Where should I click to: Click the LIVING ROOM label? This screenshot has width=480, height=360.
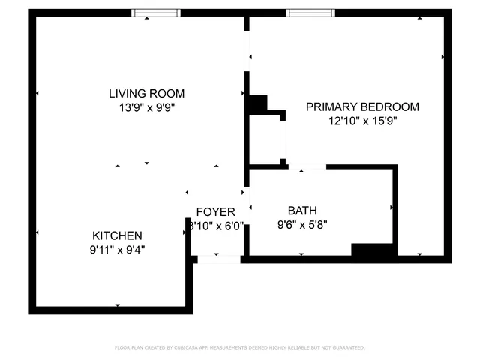(146, 94)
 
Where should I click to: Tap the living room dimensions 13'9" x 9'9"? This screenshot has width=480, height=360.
(146, 107)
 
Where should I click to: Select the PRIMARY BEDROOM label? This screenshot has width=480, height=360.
(362, 107)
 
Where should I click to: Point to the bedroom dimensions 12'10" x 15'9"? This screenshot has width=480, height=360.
(362, 121)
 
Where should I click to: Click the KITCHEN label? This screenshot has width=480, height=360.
(117, 235)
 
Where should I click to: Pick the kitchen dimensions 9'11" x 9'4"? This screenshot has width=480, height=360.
(117, 248)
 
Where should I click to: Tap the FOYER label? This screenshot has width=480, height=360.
(216, 212)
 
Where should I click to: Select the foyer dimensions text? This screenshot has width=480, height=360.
(216, 226)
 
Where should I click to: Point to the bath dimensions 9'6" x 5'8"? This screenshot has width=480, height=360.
(302, 223)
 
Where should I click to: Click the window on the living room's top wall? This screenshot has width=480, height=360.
(156, 13)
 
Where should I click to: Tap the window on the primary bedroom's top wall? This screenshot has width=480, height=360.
(311, 13)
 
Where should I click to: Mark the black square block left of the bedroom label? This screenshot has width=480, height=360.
(257, 104)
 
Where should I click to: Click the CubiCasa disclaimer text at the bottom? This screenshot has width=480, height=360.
(239, 347)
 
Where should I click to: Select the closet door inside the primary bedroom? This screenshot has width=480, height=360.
(283, 138)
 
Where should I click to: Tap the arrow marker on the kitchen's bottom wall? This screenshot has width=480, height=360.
(118, 305)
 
